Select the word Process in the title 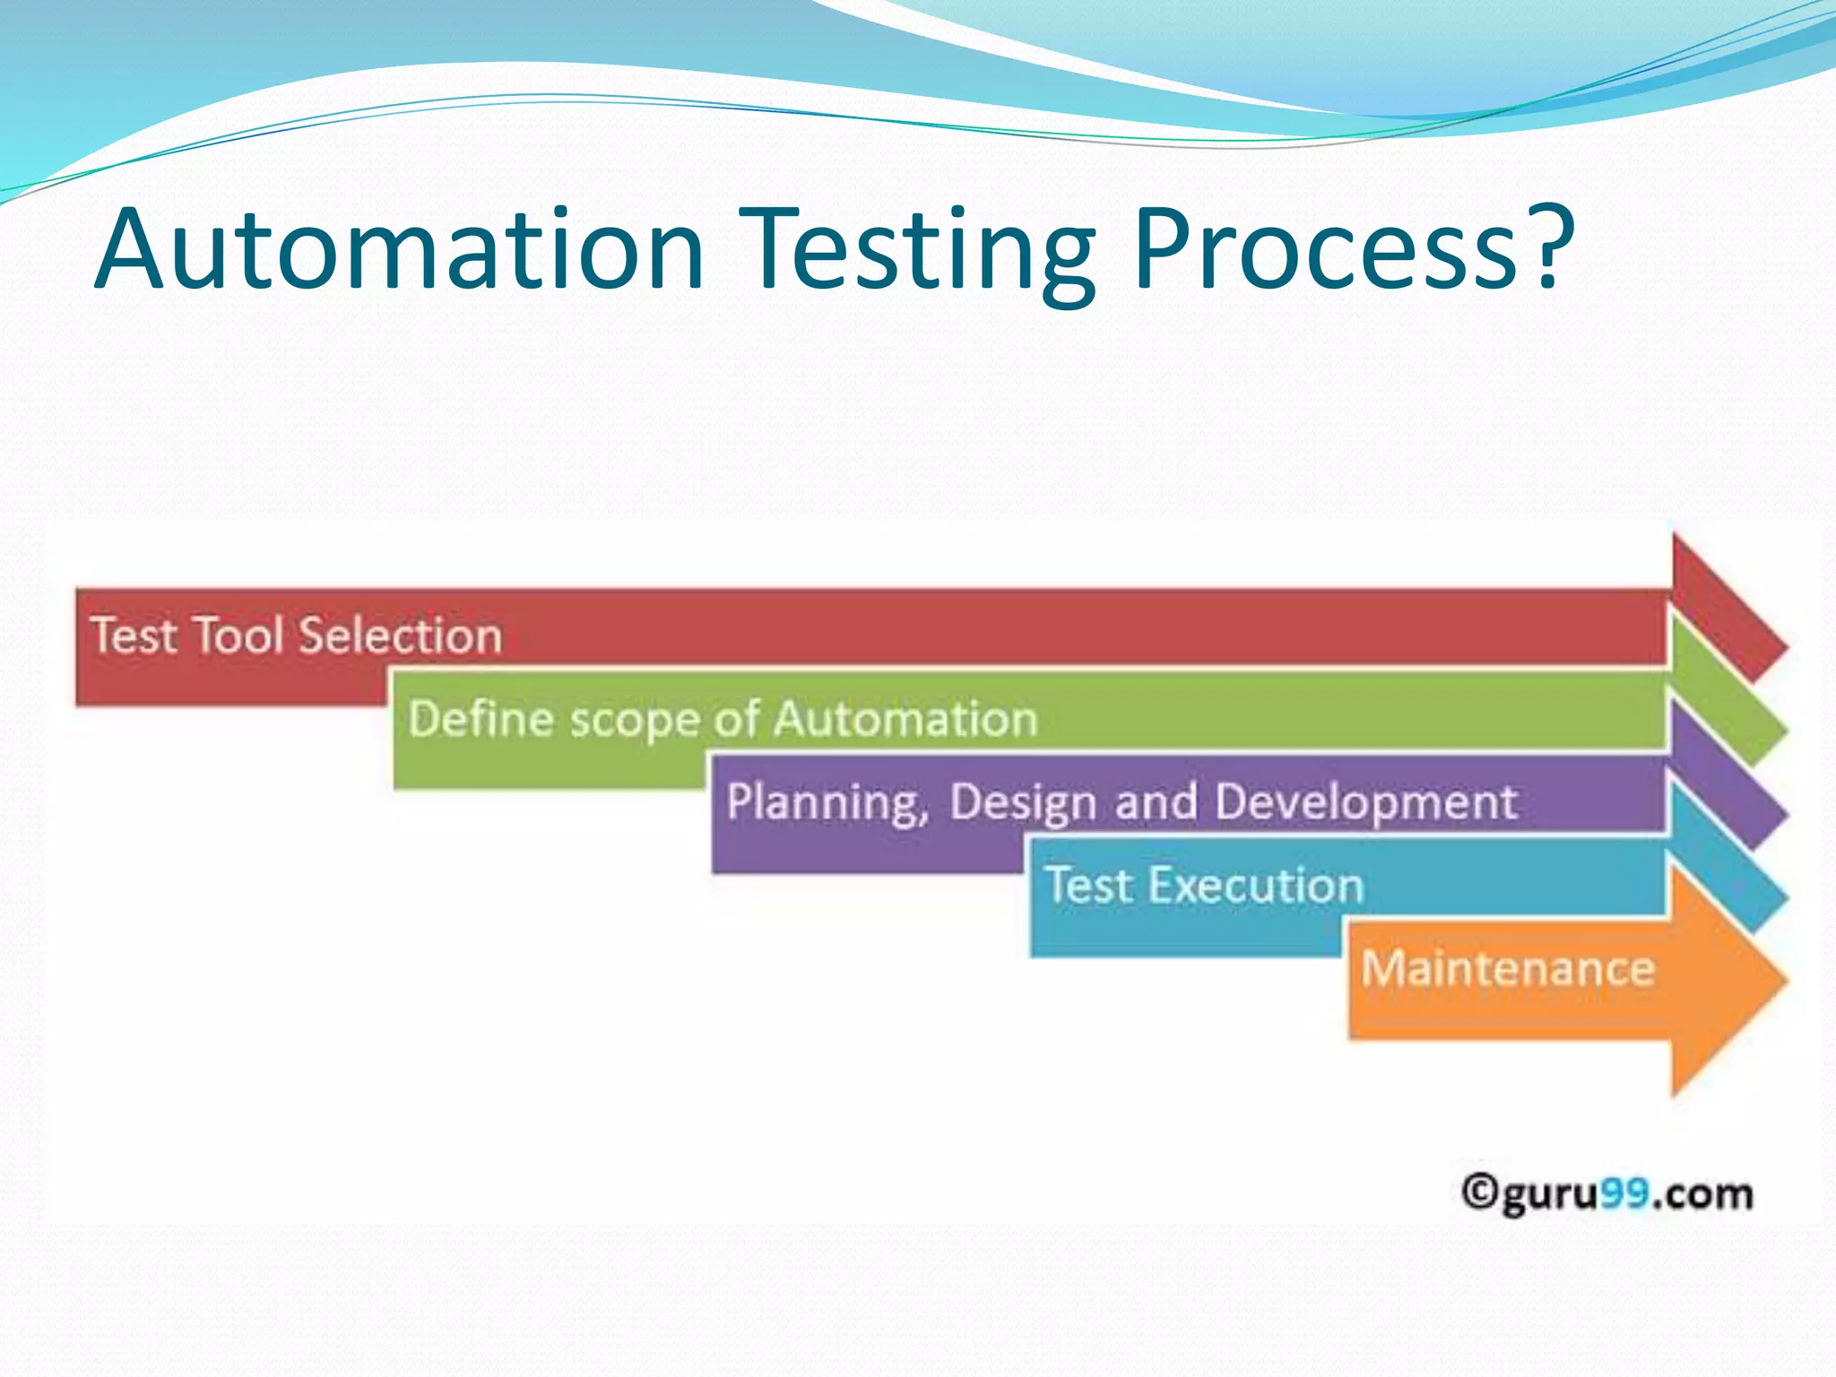click(1327, 251)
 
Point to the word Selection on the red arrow click(400, 636)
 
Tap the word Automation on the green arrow click(905, 719)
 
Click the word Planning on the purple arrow click(827, 802)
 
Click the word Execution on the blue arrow click(1255, 886)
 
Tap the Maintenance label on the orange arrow click(1507, 968)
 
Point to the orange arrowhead click(1726, 980)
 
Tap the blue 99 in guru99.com click(1624, 1193)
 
